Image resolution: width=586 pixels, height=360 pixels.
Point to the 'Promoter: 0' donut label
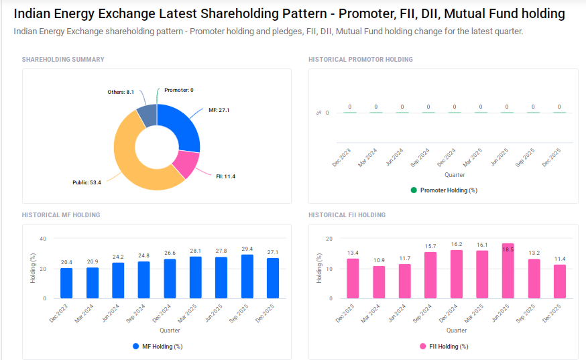(x=178, y=90)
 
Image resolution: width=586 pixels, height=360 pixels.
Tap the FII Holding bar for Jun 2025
(x=508, y=271)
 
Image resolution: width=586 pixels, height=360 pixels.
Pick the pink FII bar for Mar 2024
(x=379, y=282)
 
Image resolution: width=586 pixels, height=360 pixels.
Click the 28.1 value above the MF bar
(x=195, y=251)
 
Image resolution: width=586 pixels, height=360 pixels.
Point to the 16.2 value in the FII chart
(x=456, y=245)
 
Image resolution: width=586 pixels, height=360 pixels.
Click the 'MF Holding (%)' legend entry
(x=158, y=347)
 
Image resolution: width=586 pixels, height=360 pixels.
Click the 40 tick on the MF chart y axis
(x=43, y=239)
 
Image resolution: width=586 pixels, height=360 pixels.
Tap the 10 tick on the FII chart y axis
(x=329, y=269)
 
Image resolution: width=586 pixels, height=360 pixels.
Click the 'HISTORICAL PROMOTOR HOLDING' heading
(x=360, y=60)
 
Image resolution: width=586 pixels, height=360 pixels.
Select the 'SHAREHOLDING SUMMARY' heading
(x=63, y=60)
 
